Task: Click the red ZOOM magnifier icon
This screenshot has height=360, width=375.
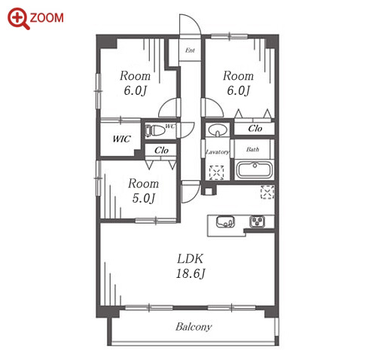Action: (x=18, y=18)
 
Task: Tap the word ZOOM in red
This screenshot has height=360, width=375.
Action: (x=47, y=18)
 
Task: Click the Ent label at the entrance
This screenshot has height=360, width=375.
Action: (x=190, y=50)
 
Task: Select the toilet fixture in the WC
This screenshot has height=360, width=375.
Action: (x=154, y=130)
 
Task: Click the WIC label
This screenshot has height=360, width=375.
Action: (x=121, y=139)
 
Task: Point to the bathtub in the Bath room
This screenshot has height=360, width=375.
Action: (x=255, y=169)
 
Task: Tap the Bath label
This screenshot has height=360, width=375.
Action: (x=252, y=150)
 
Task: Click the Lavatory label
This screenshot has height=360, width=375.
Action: (x=218, y=152)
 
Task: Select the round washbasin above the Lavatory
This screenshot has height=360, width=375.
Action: (x=218, y=130)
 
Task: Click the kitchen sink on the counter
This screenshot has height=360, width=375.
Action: (x=225, y=221)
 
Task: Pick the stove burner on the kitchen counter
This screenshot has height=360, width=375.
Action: (x=258, y=221)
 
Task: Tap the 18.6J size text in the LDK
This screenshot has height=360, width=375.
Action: (x=191, y=273)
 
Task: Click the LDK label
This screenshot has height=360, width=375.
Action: (x=190, y=258)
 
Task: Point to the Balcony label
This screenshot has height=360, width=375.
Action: (x=194, y=327)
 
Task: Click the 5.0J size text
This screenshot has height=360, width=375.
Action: (x=144, y=198)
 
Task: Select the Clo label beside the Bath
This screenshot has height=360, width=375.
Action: (x=255, y=129)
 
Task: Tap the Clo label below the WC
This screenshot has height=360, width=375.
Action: (x=161, y=151)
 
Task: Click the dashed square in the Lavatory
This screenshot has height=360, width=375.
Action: (x=217, y=172)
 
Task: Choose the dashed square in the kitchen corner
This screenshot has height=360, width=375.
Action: (x=267, y=192)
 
